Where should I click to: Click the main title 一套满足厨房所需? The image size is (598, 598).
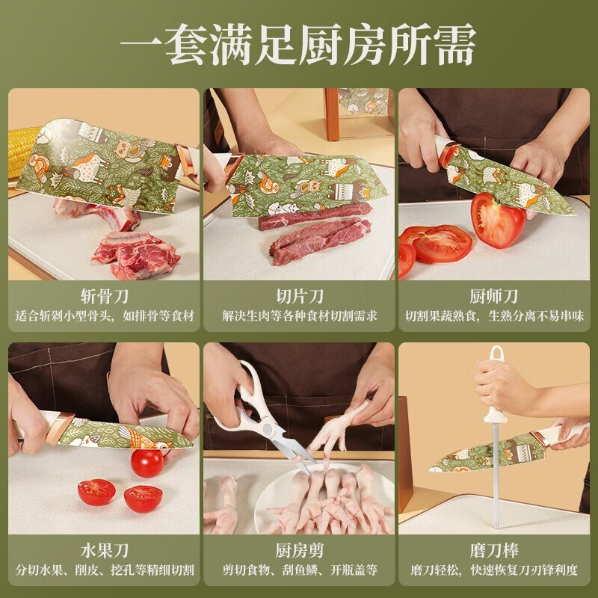pos(298,45)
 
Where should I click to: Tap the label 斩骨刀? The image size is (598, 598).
pos(104,296)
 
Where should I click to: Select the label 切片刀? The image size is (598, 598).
pos(300,296)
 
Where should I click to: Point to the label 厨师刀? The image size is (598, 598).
pos(494,296)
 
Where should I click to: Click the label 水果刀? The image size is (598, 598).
pos(104,550)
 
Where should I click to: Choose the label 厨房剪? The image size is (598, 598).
pos(300,550)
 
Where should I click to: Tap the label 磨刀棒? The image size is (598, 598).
pos(494,550)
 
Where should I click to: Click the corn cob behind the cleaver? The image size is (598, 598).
pos(22,152)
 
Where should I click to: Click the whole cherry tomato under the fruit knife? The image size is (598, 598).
pos(147,463)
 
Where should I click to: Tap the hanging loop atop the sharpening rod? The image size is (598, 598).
pos(496,354)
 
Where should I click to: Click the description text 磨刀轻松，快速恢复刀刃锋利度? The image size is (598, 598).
pos(494,570)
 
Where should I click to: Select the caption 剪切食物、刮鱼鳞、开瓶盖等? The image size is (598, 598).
pos(300,570)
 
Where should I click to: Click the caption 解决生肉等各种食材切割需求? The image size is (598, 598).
pos(300,315)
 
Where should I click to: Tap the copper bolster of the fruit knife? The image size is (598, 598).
pos(59,428)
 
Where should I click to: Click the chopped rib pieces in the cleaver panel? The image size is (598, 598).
pos(135,253)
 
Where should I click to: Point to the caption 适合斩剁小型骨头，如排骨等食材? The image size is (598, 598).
pos(104,315)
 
